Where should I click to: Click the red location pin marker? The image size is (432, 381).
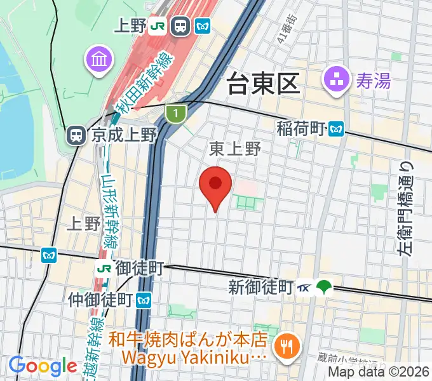pyautogui.click(x=215, y=185)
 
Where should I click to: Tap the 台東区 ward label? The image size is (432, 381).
pyautogui.click(x=263, y=83)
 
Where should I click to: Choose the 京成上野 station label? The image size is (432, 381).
pyautogui.click(x=123, y=135)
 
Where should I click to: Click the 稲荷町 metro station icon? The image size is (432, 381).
pyautogui.click(x=336, y=129)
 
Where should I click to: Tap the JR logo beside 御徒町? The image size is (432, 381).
pyautogui.click(x=102, y=268)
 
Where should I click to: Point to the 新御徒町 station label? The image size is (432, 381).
pyautogui.click(x=260, y=287)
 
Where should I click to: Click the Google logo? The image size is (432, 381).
pyautogui.click(x=43, y=366)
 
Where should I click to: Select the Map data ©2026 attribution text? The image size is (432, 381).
pyautogui.click(x=379, y=373)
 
